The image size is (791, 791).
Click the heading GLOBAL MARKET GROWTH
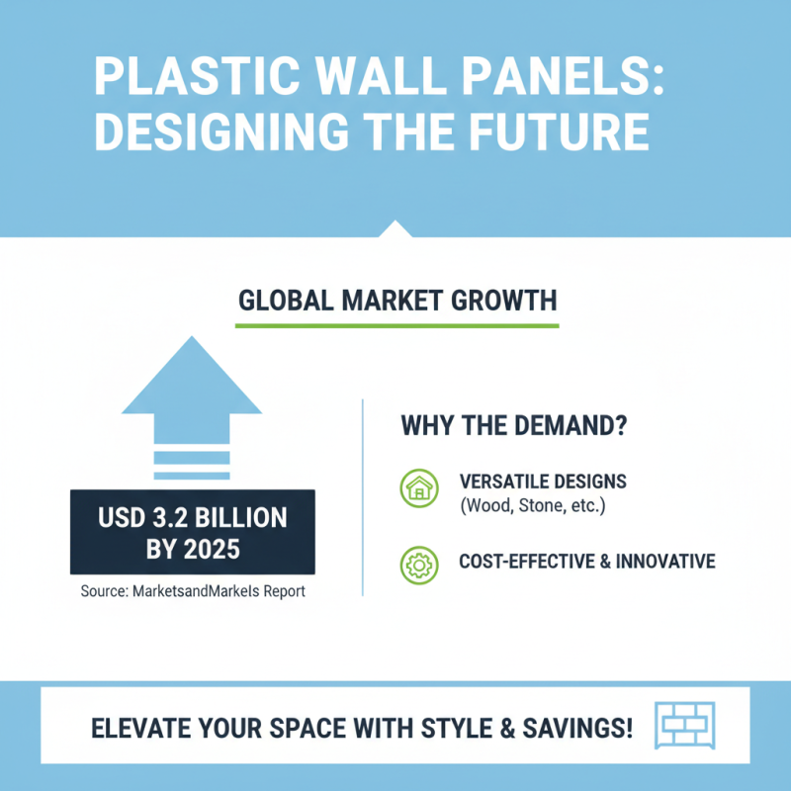coord(397,300)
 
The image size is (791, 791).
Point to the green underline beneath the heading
coord(397,324)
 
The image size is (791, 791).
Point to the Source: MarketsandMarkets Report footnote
coord(192,592)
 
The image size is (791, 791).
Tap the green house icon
coord(419,488)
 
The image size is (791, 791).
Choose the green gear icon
coord(419,563)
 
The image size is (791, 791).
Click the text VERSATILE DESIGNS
coord(543,482)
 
